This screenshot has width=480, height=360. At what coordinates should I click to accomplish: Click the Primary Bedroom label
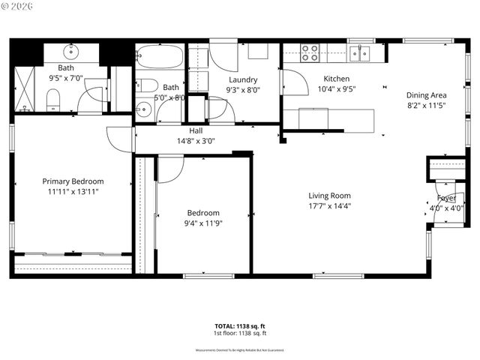[73, 181]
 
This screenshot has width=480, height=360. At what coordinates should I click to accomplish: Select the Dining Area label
[427, 95]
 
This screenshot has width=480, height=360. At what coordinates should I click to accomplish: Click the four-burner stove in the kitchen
[310, 52]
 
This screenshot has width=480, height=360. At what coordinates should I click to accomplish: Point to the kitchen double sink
[359, 52]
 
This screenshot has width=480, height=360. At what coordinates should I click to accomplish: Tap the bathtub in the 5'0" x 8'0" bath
[160, 57]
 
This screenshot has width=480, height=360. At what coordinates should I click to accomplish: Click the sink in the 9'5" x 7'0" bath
[72, 52]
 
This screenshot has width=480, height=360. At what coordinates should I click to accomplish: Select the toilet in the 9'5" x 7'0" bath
[53, 100]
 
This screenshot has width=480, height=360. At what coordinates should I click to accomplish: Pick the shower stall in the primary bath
[25, 88]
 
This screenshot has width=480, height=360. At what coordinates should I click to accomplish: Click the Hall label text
[196, 130]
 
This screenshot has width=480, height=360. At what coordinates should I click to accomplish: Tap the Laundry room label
[243, 79]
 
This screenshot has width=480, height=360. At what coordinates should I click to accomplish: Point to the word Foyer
[446, 198]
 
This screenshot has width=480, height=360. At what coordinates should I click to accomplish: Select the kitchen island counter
[336, 119]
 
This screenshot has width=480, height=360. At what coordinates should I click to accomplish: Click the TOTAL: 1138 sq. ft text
[240, 326]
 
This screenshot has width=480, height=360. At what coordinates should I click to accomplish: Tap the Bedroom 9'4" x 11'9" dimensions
[203, 223]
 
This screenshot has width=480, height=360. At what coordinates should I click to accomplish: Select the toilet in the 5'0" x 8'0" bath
[147, 85]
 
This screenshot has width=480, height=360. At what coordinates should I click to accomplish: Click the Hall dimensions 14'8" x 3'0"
[196, 140]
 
